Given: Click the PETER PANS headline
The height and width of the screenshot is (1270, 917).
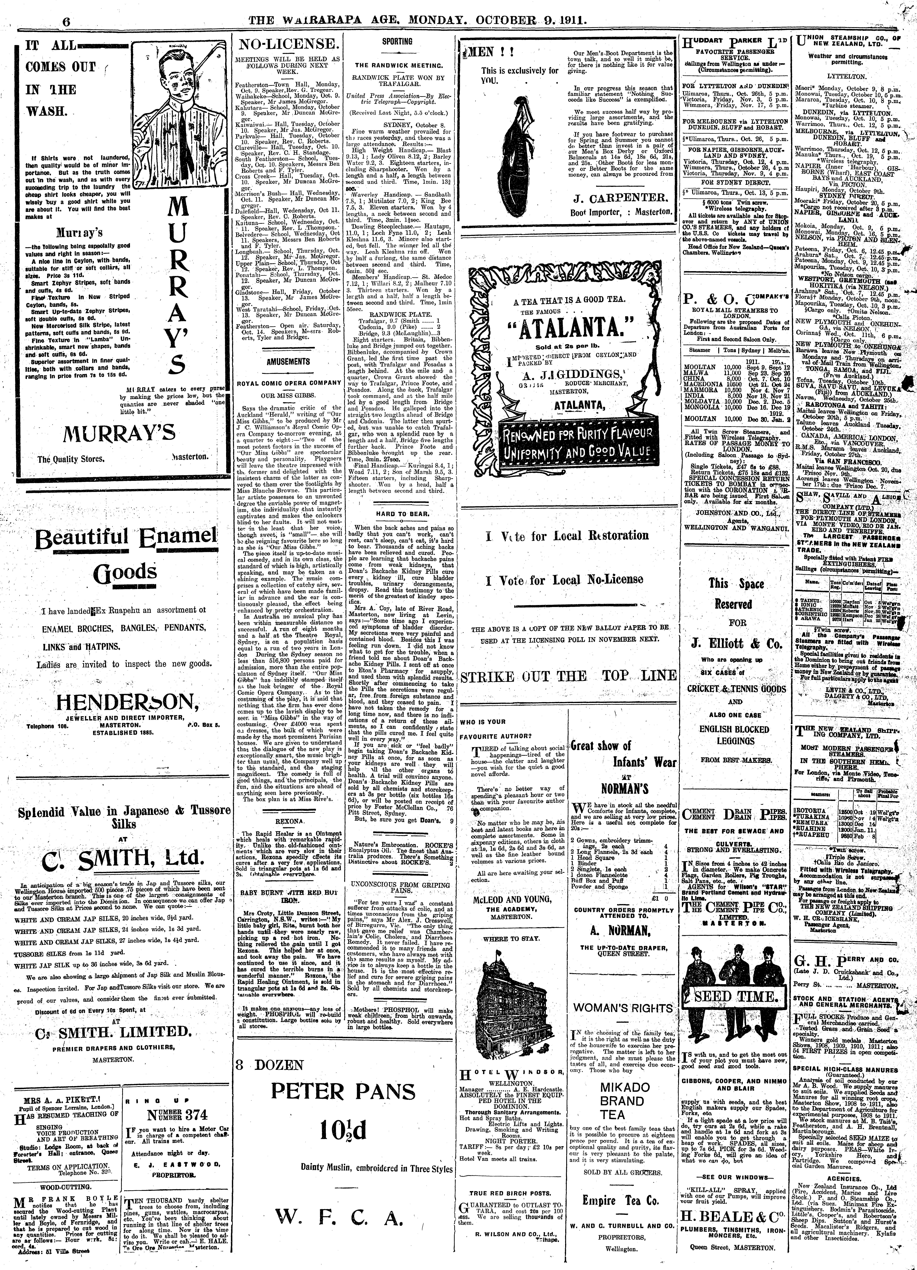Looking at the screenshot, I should coord(343,1091).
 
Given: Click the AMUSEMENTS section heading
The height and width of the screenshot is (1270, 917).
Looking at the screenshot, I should coord(288,361).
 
